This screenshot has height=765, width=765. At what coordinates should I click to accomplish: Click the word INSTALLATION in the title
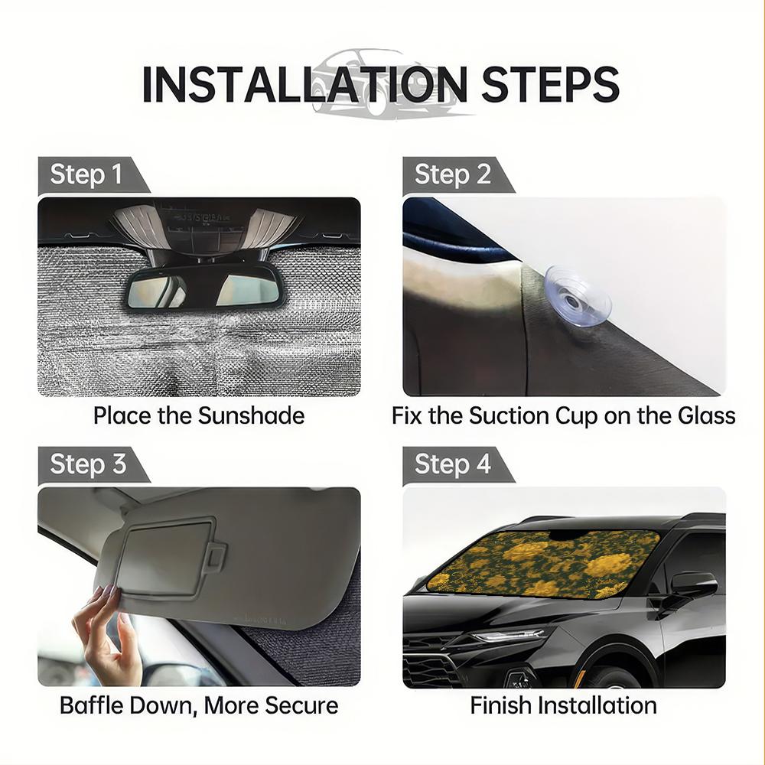304,84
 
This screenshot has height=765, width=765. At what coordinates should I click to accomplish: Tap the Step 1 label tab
86,175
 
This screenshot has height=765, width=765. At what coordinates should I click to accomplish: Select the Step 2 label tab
452,175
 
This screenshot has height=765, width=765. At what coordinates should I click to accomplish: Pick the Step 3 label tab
87,464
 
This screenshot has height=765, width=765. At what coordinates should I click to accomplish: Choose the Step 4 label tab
452,464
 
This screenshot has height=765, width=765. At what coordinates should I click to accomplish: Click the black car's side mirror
692,585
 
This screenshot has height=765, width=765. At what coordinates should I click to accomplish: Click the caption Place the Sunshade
199,416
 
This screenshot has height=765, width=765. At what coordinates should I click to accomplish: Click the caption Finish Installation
563,705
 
